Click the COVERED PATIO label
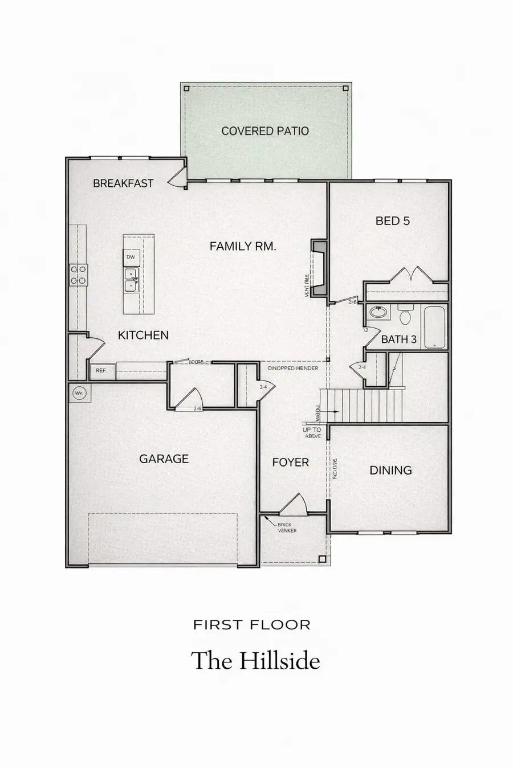pos(265,131)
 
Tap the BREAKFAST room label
pos(123,183)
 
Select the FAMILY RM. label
pos(243,246)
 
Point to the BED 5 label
pos(392,221)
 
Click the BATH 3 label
pos(398,339)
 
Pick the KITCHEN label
pos(143,336)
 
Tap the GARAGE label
pos(164,459)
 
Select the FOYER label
pos(290,463)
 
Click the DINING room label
pos(390,471)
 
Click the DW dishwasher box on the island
pos(131,257)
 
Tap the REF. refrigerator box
pos(102,371)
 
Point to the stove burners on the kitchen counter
pos(78,274)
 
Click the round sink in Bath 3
pos(377,312)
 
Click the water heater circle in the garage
pos(79,392)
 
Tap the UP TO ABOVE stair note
pos(312,433)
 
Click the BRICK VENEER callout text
pos(287,527)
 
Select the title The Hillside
pos(255,661)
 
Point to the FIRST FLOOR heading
pos(252,625)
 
